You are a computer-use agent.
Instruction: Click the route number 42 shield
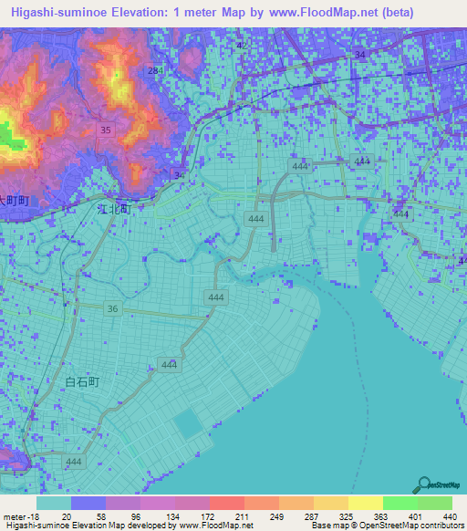(242, 45)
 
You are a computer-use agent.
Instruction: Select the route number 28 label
(153, 70)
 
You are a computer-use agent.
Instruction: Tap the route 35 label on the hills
(106, 130)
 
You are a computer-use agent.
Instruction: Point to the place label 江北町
(114, 208)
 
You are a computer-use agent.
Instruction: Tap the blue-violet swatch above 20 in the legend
(88, 503)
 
